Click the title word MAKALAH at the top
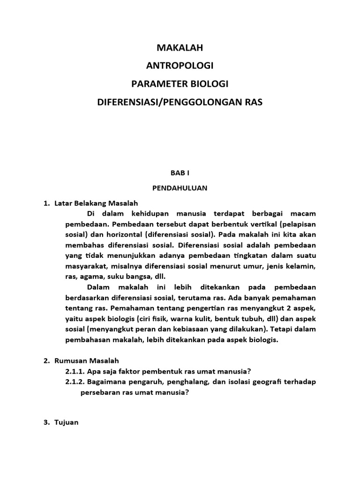180,47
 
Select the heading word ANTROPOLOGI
180,66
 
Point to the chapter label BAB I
180,173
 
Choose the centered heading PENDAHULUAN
180,188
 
